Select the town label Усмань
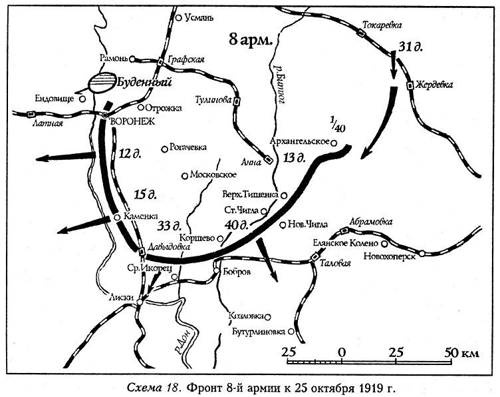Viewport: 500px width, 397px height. pyautogui.click(x=197, y=18)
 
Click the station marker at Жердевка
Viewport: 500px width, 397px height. pyautogui.click(x=410, y=85)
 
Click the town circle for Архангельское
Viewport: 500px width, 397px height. pyautogui.click(x=334, y=143)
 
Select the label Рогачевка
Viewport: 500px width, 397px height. pyautogui.click(x=189, y=148)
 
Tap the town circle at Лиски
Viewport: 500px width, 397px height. pyautogui.click(x=140, y=303)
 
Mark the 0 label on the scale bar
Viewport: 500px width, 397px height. pyautogui.click(x=342, y=352)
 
